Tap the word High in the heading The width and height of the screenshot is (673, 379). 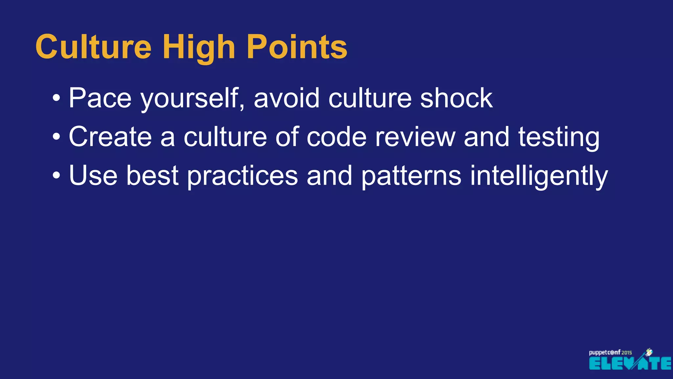point(199,48)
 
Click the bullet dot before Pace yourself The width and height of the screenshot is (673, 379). point(57,98)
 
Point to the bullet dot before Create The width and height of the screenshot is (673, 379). point(57,137)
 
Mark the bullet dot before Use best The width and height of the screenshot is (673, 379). point(57,175)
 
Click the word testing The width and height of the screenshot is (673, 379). point(559,138)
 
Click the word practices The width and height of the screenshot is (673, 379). point(243,176)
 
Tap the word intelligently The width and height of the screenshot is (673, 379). point(539,176)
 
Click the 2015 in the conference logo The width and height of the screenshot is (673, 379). point(627,353)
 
